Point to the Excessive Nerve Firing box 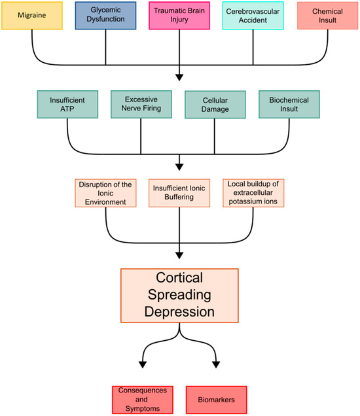pos(141,104)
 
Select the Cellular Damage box pos(215,104)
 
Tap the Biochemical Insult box pos(289,104)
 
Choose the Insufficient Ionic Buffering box pos(179,192)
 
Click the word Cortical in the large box pos(179,278)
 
